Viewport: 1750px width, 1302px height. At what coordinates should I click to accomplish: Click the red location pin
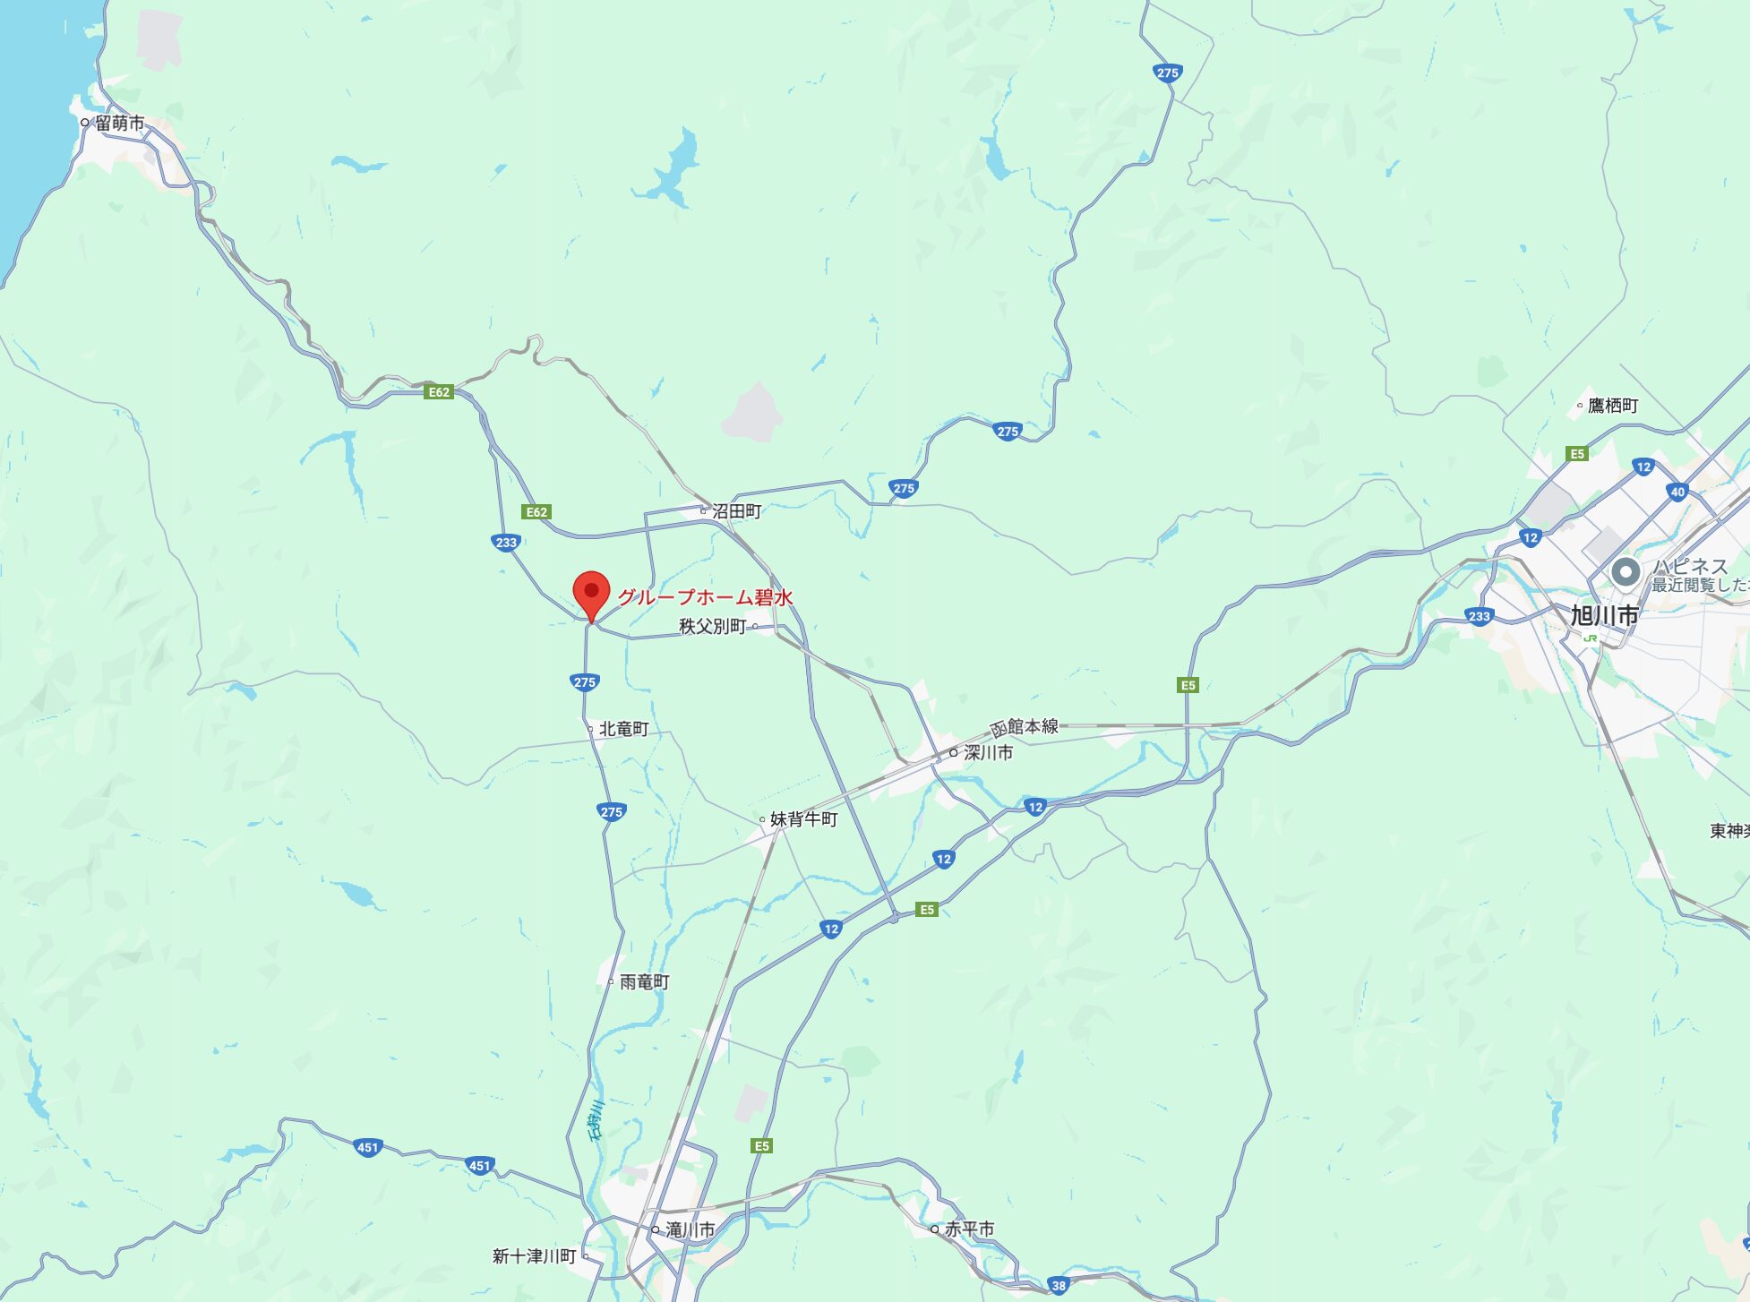pos(591,593)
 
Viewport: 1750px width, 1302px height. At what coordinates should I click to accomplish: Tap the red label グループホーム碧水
pos(705,597)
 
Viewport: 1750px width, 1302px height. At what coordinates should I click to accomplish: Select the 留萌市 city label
pos(119,124)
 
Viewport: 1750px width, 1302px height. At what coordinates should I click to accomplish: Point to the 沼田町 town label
pos(736,511)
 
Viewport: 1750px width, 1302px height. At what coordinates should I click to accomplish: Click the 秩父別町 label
pos(712,626)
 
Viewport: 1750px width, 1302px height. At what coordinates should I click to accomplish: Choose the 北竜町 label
pos(623,729)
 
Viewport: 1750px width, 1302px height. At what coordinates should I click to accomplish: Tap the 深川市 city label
pos(988,753)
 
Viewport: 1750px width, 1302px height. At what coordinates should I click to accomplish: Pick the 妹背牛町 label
pos(803,819)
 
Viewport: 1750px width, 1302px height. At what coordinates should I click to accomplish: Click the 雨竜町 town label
pos(644,982)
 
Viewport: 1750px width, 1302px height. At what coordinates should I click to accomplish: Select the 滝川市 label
pos(690,1230)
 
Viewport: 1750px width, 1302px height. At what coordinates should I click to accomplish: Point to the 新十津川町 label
pos(534,1256)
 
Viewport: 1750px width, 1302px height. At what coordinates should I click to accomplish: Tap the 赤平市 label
pos(969,1229)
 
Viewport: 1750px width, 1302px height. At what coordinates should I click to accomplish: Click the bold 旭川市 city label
pos(1604,615)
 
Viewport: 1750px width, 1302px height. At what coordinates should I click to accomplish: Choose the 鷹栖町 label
pos(1612,406)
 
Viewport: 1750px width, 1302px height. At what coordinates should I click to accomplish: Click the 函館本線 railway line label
pos(1025,727)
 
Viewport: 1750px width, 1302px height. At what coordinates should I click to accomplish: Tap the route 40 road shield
pos(1677,492)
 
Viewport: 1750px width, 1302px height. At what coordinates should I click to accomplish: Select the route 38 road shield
pos(1059,1286)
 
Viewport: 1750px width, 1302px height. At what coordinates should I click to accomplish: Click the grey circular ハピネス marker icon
pos(1626,571)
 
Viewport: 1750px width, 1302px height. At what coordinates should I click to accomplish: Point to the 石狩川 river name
pos(596,1120)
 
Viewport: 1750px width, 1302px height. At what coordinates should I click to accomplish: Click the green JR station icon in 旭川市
pos(1591,638)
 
